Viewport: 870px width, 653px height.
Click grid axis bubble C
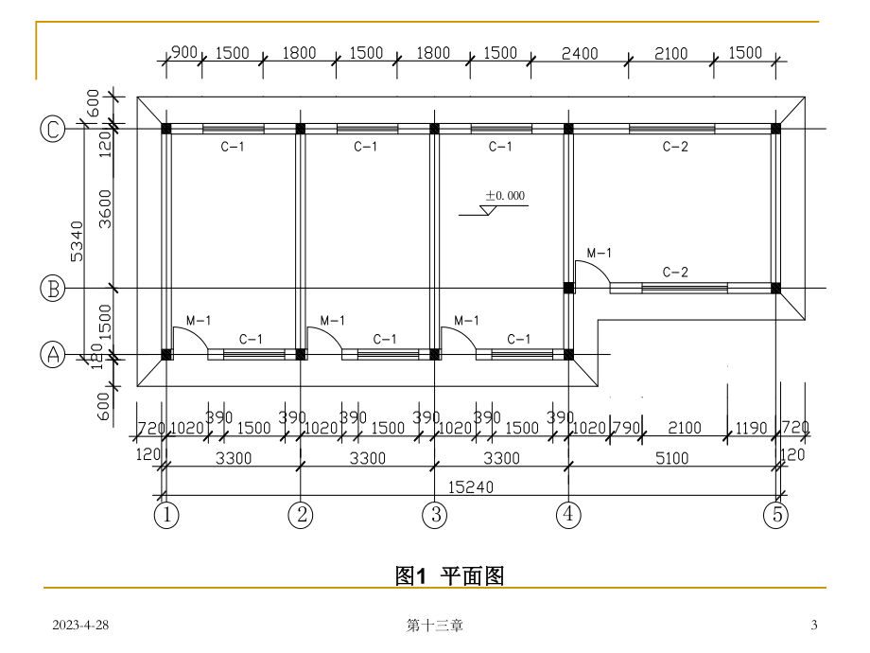[53, 129]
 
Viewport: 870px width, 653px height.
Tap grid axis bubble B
[53, 288]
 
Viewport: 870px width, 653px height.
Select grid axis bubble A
[53, 354]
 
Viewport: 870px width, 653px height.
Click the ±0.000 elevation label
[505, 197]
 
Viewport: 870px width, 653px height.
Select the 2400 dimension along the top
[580, 54]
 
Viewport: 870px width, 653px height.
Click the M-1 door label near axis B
[600, 254]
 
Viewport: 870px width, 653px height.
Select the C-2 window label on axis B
[674, 273]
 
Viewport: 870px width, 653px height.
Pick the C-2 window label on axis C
[674, 147]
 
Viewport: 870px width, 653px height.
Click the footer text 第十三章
[434, 625]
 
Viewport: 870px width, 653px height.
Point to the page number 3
[814, 625]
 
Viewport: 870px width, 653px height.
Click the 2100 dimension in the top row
[670, 54]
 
